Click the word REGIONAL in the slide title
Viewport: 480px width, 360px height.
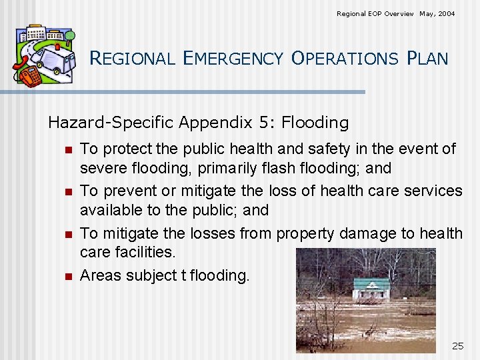(131, 59)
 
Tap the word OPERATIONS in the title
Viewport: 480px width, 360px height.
(344, 59)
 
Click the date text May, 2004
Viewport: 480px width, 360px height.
(437, 13)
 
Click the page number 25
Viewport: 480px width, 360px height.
(457, 345)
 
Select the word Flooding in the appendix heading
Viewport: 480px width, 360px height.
(315, 123)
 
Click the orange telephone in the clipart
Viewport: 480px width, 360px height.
(30, 77)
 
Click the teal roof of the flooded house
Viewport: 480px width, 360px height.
(371, 284)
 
